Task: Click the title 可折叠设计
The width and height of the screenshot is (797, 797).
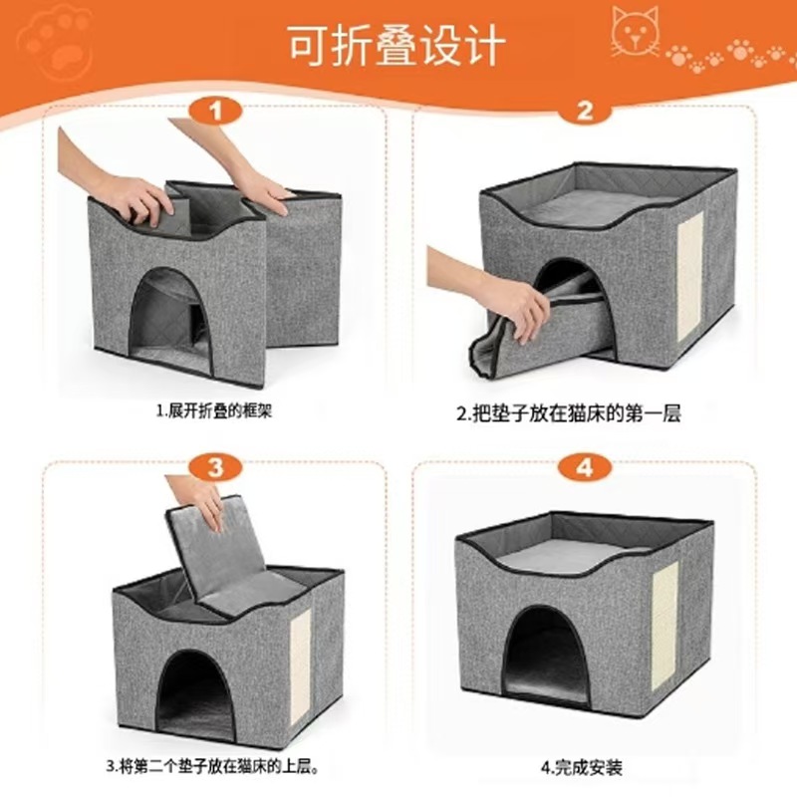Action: (x=398, y=46)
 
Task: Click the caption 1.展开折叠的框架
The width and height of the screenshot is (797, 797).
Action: (x=213, y=410)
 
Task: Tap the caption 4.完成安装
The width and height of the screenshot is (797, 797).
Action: (x=582, y=767)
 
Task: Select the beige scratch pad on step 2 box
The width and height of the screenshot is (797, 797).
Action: (x=688, y=267)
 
